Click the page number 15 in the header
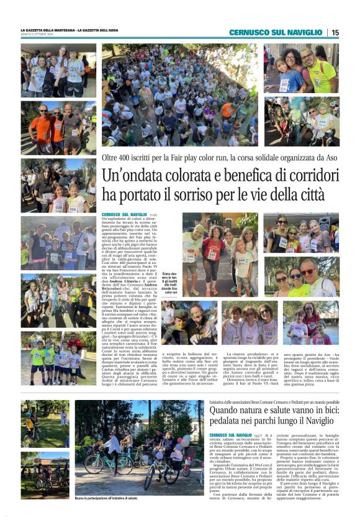335,32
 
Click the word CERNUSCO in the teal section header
247,32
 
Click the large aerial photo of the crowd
180,94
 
